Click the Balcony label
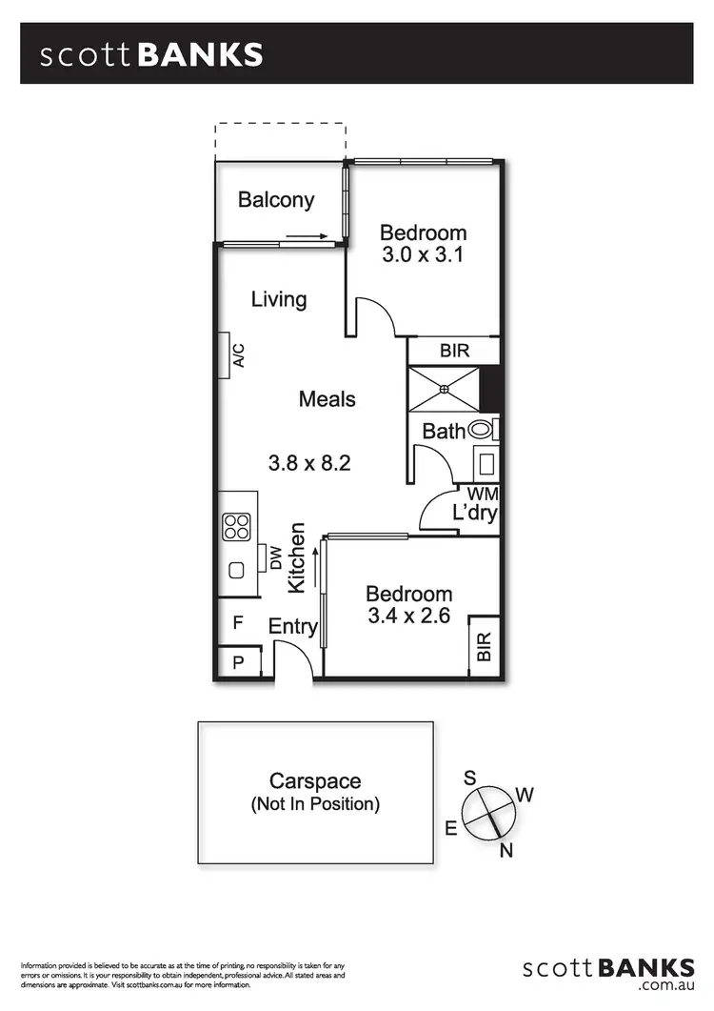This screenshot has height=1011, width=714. pyautogui.click(x=276, y=200)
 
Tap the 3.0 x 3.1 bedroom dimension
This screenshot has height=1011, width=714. pyautogui.click(x=423, y=254)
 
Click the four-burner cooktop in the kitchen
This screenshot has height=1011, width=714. pyautogui.click(x=236, y=527)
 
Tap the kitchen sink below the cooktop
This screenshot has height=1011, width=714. pyautogui.click(x=236, y=570)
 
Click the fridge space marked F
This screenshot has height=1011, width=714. pyautogui.click(x=238, y=624)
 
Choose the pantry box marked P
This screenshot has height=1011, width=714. pyautogui.click(x=238, y=661)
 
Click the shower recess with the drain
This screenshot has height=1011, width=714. pyautogui.click(x=444, y=388)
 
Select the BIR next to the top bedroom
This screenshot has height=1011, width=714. pyautogui.click(x=454, y=352)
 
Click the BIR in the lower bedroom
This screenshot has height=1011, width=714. pyautogui.click(x=484, y=646)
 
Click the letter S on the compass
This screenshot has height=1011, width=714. pyautogui.click(x=469, y=778)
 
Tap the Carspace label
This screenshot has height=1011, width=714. pyautogui.click(x=315, y=781)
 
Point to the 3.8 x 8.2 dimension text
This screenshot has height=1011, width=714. pyautogui.click(x=310, y=464)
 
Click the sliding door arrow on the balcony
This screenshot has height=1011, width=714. pyautogui.click(x=307, y=236)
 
